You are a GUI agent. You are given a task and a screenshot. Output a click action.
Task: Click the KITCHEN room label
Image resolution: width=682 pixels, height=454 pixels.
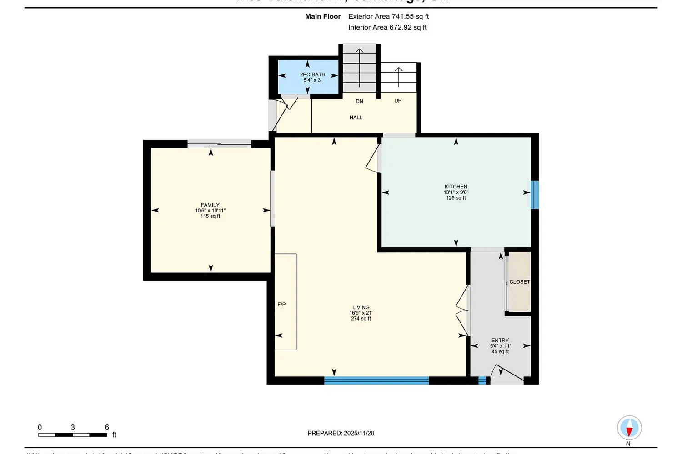coord(456,187)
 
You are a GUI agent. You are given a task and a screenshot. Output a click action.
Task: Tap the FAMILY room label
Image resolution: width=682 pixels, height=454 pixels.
coord(210,205)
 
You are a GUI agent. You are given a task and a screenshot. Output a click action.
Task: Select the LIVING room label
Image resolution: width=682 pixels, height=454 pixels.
coord(361,307)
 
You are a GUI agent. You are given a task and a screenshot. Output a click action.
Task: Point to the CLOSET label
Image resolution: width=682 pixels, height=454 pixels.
coord(519,282)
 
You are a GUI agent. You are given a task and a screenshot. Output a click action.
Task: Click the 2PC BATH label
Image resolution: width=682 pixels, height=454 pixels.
coord(312,74)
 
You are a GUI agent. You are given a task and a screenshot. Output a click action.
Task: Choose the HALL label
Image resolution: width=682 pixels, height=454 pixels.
coord(356,118)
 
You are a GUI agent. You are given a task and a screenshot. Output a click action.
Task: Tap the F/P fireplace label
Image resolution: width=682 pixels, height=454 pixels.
coord(281,305)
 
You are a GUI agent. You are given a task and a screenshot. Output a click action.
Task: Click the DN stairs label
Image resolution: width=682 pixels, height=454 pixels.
coord(359,101)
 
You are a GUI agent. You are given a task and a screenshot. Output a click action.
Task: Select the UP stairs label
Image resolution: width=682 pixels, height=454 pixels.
coord(398,101)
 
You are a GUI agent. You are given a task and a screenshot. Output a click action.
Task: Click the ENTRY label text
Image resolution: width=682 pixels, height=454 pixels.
coord(500,340)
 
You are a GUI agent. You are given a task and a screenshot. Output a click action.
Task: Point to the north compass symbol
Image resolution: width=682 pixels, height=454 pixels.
coord(629,428)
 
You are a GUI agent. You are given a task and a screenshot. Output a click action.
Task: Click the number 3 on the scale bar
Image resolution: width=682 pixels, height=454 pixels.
coord(73,427)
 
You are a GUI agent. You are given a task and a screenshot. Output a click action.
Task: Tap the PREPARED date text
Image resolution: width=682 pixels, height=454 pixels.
coord(341,433)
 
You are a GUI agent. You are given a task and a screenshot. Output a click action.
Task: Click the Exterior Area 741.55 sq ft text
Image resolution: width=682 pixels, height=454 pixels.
coord(388,16)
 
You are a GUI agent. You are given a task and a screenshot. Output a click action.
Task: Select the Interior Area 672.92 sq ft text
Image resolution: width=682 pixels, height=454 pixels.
coord(387,27)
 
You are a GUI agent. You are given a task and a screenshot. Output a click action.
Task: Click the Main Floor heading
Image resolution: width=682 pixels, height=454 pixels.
coord(323,16)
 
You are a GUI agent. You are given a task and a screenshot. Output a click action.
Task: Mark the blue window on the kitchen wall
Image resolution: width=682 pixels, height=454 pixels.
coord(535,195)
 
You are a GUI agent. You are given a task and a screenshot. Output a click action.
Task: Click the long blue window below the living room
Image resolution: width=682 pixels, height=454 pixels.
coord(376,380)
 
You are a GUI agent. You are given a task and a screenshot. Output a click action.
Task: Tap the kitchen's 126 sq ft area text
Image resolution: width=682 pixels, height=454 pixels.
coord(456,198)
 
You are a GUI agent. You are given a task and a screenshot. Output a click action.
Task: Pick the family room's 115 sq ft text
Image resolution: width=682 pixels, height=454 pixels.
coord(210,216)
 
